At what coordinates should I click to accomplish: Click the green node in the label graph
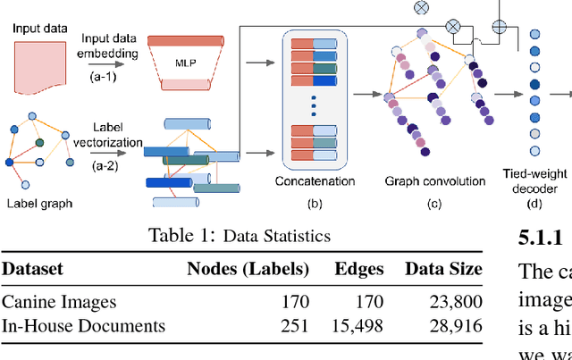point(39,141)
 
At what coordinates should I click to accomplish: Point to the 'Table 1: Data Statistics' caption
point(240,236)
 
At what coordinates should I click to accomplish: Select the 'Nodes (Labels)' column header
point(248,269)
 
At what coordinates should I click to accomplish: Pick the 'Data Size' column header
point(443,269)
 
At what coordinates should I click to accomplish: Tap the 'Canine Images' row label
point(59,302)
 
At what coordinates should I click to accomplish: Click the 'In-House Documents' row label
point(83,326)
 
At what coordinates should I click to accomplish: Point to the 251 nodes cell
point(294,326)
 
